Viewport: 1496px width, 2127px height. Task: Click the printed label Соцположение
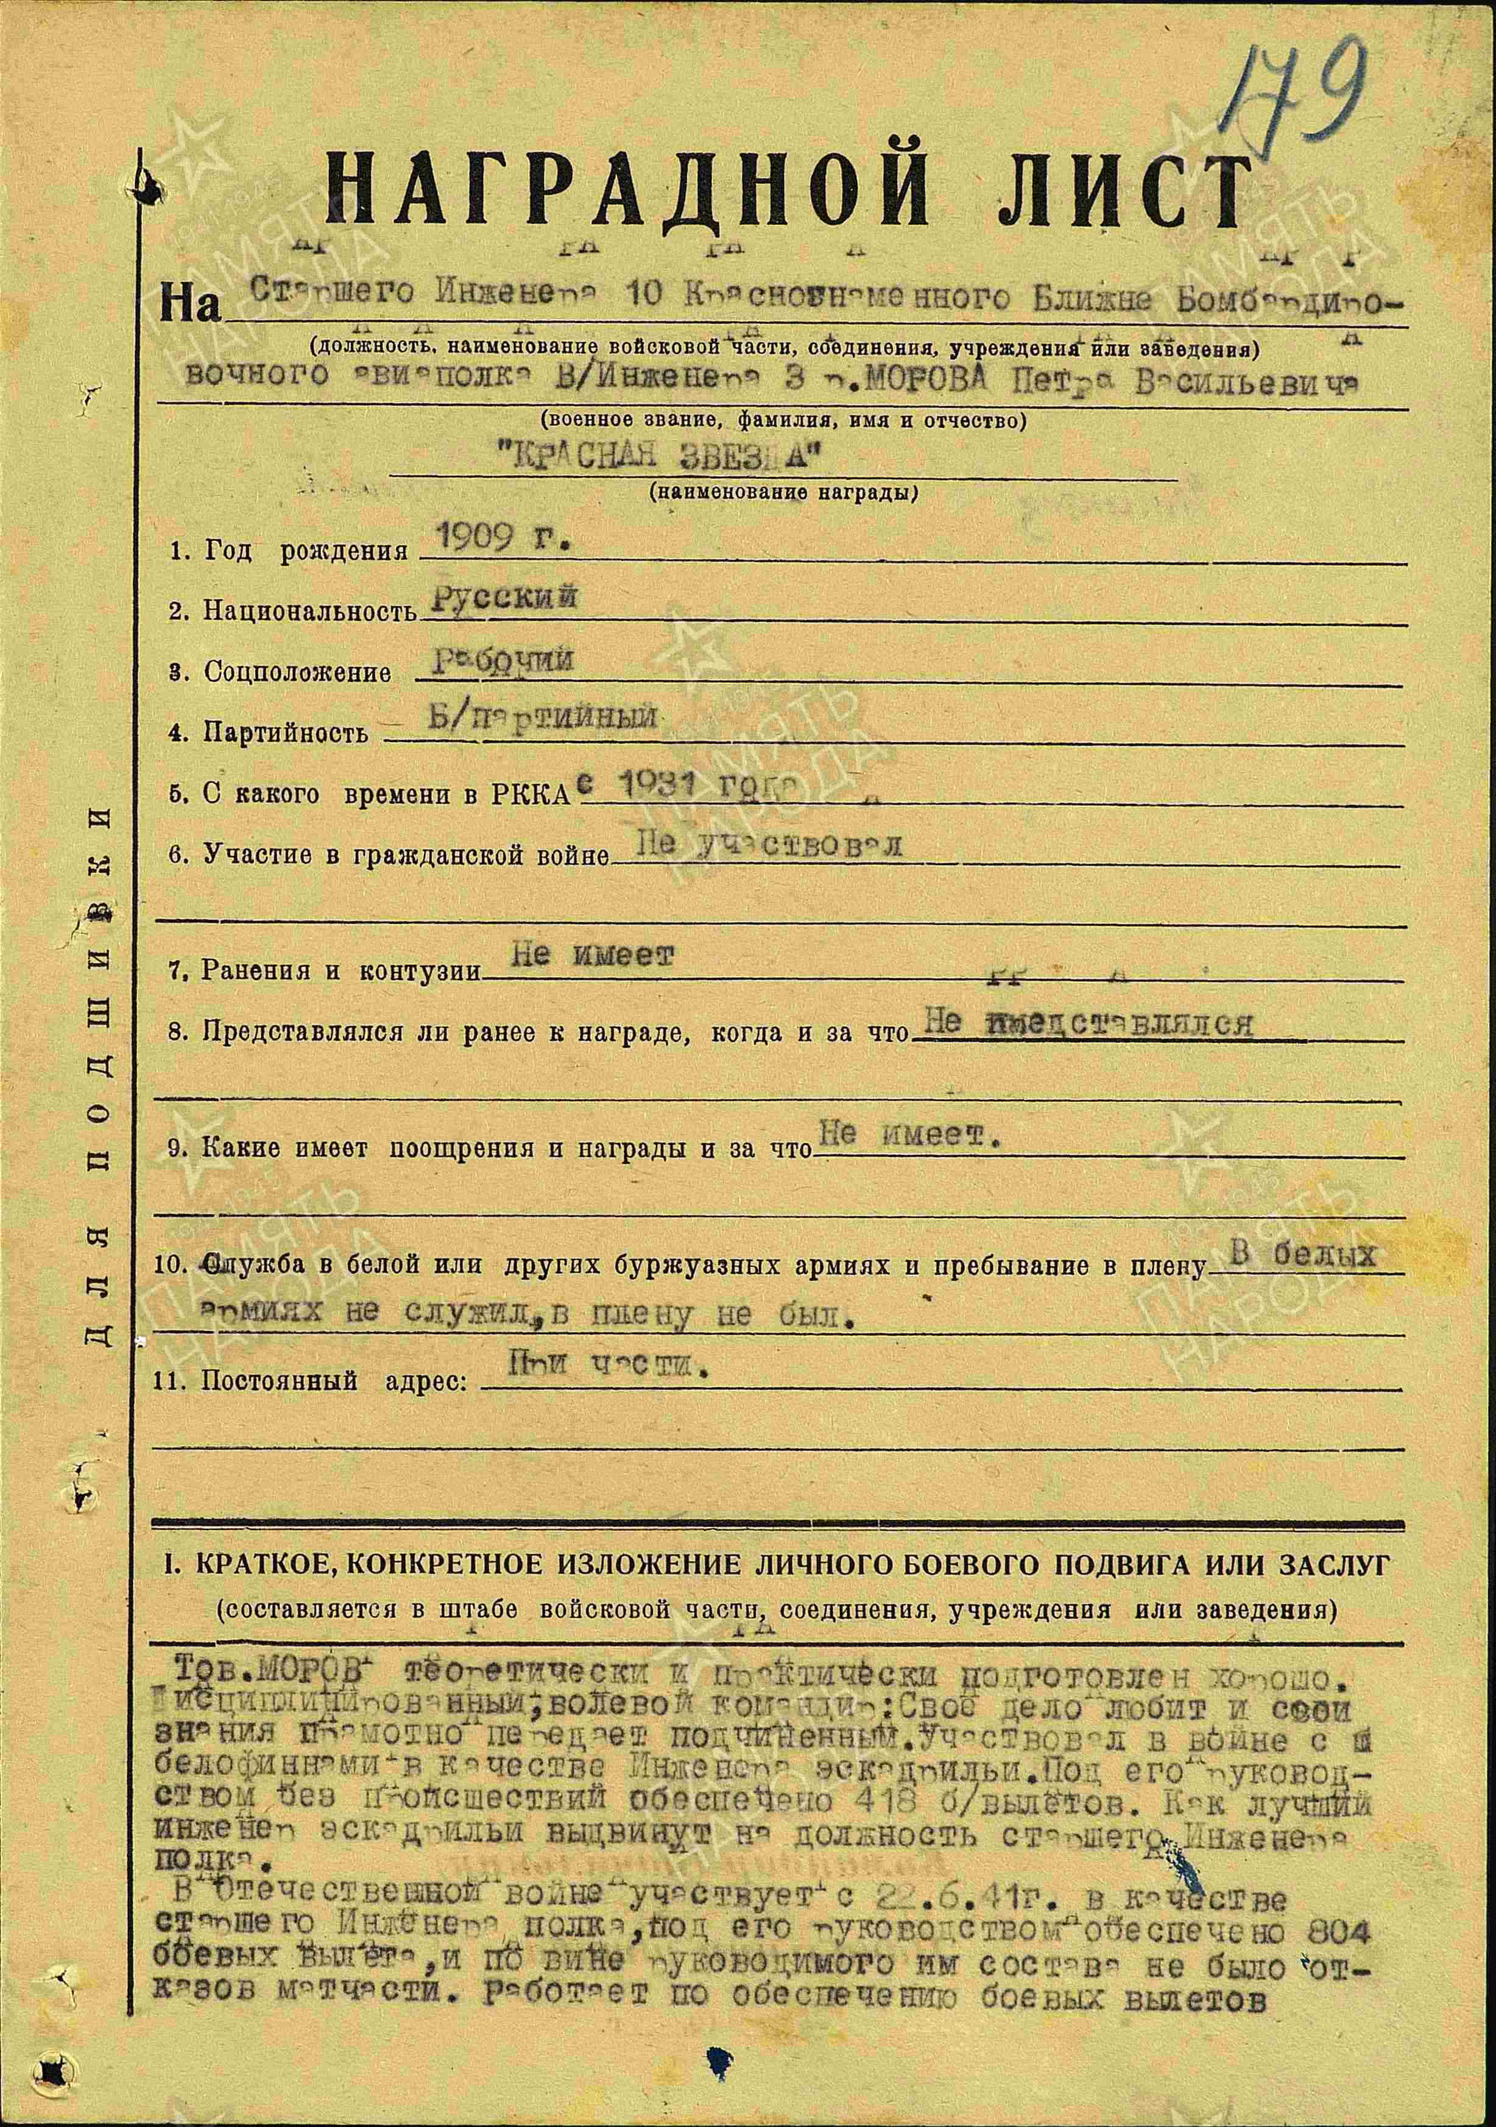tap(297, 672)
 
